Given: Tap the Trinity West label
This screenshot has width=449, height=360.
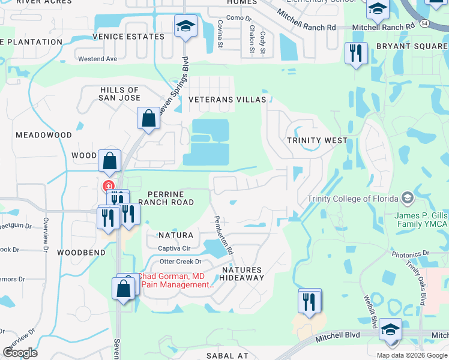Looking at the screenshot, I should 317,140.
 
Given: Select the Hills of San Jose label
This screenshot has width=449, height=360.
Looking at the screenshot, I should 120,94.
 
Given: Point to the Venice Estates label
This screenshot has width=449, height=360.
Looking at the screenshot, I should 128,37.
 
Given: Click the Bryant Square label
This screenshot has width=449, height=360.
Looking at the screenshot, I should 412,46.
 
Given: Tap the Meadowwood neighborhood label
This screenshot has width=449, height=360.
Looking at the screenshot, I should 44,136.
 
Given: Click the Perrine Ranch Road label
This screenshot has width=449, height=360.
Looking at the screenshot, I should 166,198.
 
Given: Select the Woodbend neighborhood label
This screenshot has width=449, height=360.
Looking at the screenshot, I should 82,253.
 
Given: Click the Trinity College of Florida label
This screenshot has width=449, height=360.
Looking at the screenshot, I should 352,199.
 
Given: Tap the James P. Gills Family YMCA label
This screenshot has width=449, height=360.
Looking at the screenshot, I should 421,220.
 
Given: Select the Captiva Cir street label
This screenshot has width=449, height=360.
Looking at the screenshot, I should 174,248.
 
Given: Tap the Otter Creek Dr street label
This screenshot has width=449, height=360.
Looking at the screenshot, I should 180,262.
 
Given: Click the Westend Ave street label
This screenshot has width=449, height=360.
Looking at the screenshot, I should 98,59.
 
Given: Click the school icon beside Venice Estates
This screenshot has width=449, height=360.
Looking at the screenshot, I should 185,26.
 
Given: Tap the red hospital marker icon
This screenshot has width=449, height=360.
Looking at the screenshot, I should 109,187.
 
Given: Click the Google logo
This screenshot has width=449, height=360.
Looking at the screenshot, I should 20,352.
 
